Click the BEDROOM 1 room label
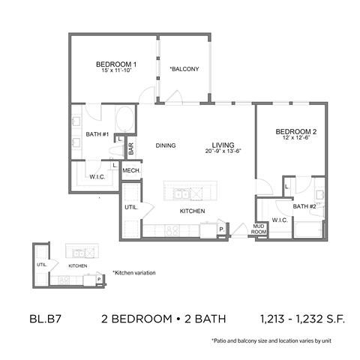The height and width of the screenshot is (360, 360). [x=115, y=64]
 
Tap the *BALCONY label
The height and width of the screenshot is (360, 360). [x=184, y=69]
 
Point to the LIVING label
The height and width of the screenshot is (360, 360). [x=223, y=145]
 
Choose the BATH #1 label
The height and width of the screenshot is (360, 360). [x=98, y=134]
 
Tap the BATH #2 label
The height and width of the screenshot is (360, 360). [x=304, y=206]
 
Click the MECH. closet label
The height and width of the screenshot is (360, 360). [x=133, y=171]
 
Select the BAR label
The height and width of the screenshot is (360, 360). [x=130, y=149]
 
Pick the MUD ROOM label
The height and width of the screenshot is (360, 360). [x=259, y=229]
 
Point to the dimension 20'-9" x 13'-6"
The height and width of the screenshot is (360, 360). [x=223, y=152]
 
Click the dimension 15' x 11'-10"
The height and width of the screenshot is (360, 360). [x=115, y=72]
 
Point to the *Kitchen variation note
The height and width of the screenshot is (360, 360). [x=135, y=272]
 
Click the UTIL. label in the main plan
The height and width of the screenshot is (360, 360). [x=130, y=207]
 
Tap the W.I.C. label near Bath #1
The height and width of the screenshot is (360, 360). [x=97, y=177]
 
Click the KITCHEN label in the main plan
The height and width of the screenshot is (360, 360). [x=192, y=212]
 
